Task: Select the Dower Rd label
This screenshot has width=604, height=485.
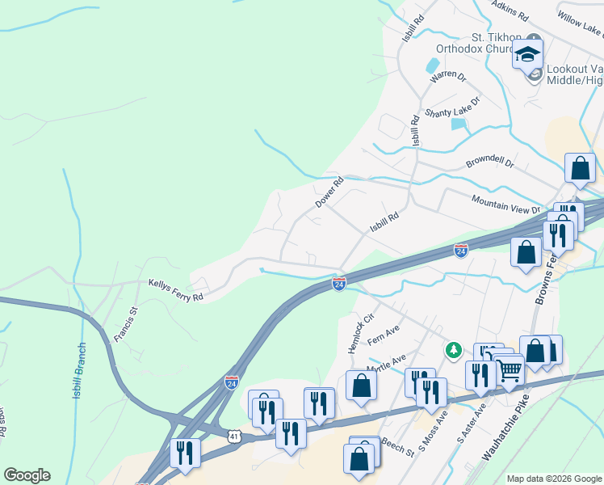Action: coord(329,192)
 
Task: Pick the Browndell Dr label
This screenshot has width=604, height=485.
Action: coord(489,162)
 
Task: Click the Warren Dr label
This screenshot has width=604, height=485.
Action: coord(449,77)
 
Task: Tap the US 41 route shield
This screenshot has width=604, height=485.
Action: coord(233,436)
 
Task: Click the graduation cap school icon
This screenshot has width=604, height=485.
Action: coord(527,55)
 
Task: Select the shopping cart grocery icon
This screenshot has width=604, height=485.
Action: coord(510,371)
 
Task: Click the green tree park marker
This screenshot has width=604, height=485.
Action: coord(454,350)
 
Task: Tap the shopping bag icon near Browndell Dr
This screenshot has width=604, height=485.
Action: coord(580,169)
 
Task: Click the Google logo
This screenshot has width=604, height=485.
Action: coord(27,475)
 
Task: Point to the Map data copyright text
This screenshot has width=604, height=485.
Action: coord(552,478)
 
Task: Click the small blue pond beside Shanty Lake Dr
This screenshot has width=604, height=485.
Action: coord(459,124)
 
